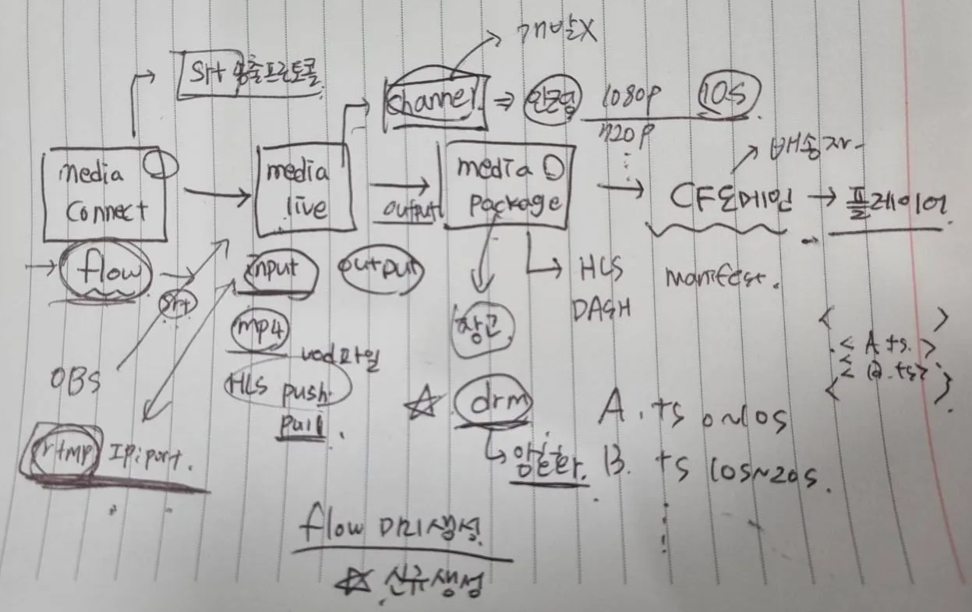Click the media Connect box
[x=104, y=194]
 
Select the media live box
[x=300, y=189]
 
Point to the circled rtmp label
[x=62, y=450]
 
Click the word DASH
[x=602, y=309]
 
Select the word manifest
[x=721, y=277]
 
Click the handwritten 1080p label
[x=633, y=97]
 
